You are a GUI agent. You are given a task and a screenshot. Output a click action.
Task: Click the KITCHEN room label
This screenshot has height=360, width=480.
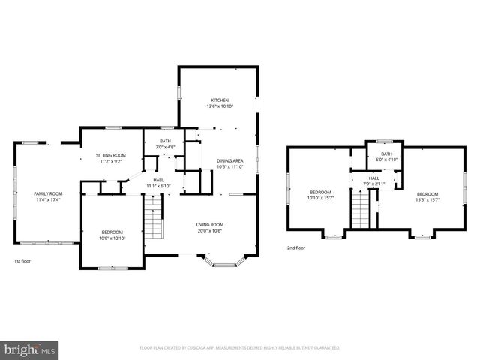coord(219,100)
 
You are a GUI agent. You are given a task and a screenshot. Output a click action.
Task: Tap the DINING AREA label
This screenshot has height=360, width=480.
coord(229,161)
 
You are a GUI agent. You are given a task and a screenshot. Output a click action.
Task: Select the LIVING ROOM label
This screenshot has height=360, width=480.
coord(211,224)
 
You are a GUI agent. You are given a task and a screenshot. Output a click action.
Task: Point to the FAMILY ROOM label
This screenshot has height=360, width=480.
coord(46,193)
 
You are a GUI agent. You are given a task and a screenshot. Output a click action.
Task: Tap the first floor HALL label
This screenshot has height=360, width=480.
coord(158,180)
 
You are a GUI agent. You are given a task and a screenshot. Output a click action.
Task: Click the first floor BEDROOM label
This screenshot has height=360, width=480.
coord(112,232)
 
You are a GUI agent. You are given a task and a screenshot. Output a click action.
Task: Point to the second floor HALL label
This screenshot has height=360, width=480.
coord(373,178)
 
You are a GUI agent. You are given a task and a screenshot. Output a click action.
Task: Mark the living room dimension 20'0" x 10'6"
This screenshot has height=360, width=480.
coord(211,230)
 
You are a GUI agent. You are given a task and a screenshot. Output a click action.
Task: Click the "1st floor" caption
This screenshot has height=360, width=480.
coord(22,261)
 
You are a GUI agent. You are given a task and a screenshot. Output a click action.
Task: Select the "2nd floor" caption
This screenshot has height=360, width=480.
coord(295,247)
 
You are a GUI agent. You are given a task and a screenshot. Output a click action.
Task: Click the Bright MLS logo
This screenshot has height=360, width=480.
coord(30,349)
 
